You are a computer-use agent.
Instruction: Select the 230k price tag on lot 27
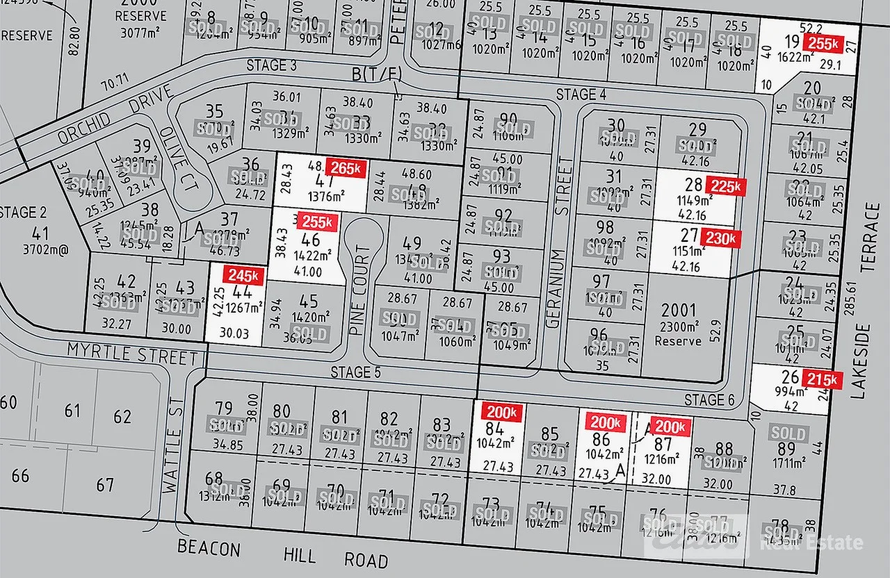tap(720, 238)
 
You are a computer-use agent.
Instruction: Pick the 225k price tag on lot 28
tap(725, 185)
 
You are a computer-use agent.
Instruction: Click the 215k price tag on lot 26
tap(823, 379)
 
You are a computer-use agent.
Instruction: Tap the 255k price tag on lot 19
tap(821, 42)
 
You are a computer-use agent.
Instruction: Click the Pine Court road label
tap(359, 278)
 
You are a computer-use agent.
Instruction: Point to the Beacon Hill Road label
tap(282, 554)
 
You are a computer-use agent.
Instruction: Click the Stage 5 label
tap(355, 372)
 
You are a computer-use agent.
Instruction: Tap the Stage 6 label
tap(709, 399)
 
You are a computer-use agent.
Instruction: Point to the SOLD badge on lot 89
tap(788, 433)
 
